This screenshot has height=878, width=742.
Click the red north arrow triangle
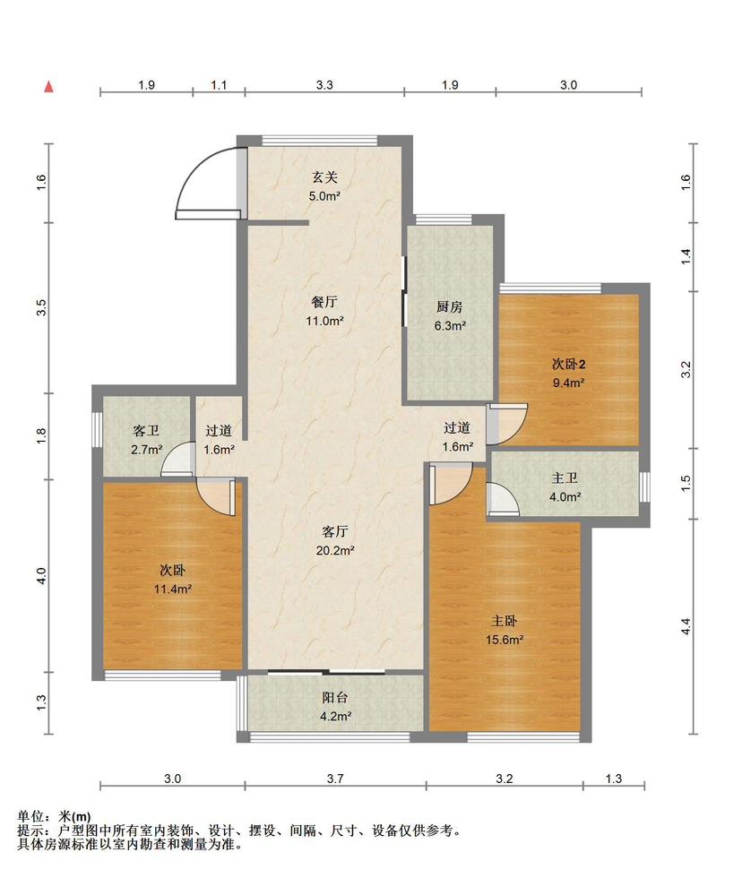(49, 86)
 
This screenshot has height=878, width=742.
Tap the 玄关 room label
(324, 177)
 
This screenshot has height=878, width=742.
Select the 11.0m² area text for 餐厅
(324, 321)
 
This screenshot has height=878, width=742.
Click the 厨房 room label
(450, 306)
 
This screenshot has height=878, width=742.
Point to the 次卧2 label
(568, 364)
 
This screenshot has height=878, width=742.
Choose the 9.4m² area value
(568, 383)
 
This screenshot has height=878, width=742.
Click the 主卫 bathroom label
(565, 478)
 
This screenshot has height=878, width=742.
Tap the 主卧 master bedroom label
(504, 621)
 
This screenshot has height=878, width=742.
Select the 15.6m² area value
(504, 640)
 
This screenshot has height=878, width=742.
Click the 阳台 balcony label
(335, 698)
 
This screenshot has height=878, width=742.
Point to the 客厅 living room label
(335, 531)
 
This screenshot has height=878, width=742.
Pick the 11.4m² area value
(173, 590)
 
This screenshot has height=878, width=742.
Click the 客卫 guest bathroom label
(146, 431)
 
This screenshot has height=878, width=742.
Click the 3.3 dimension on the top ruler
(324, 85)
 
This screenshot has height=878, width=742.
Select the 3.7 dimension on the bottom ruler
(335, 779)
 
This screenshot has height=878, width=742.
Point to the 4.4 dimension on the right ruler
(686, 626)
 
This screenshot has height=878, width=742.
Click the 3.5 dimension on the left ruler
(41, 307)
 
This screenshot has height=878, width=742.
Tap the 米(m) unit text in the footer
(74, 817)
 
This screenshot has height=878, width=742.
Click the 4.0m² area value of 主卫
(565, 496)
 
